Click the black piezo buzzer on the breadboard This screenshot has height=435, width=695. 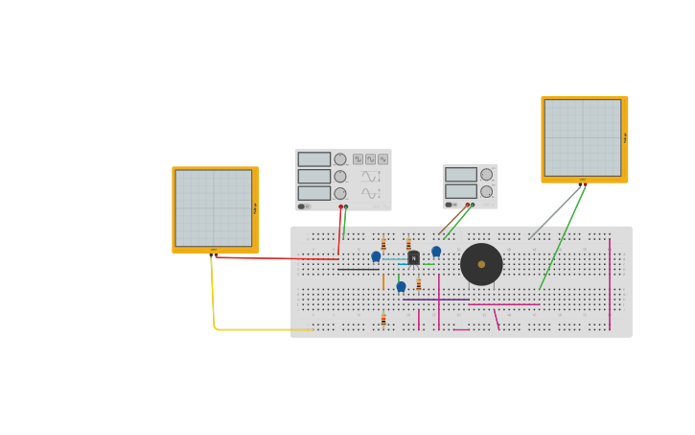481,264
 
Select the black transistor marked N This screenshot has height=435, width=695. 413,257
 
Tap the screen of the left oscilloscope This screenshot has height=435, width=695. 213,208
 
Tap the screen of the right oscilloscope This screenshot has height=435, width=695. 582,137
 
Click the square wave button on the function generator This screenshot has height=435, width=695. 358,159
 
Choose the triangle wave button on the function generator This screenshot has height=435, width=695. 382,159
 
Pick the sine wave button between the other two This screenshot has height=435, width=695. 370,159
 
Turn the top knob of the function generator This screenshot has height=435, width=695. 340,159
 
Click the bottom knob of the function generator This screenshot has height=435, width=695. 340,193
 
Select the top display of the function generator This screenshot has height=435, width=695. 313,159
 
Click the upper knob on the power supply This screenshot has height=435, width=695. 486,175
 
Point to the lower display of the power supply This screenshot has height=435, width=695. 460,191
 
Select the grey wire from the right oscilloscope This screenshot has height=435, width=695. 556,212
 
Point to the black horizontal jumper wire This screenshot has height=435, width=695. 358,269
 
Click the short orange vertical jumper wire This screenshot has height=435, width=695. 383,281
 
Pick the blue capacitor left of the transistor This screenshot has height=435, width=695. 376,256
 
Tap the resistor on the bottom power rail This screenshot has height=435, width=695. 383,319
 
